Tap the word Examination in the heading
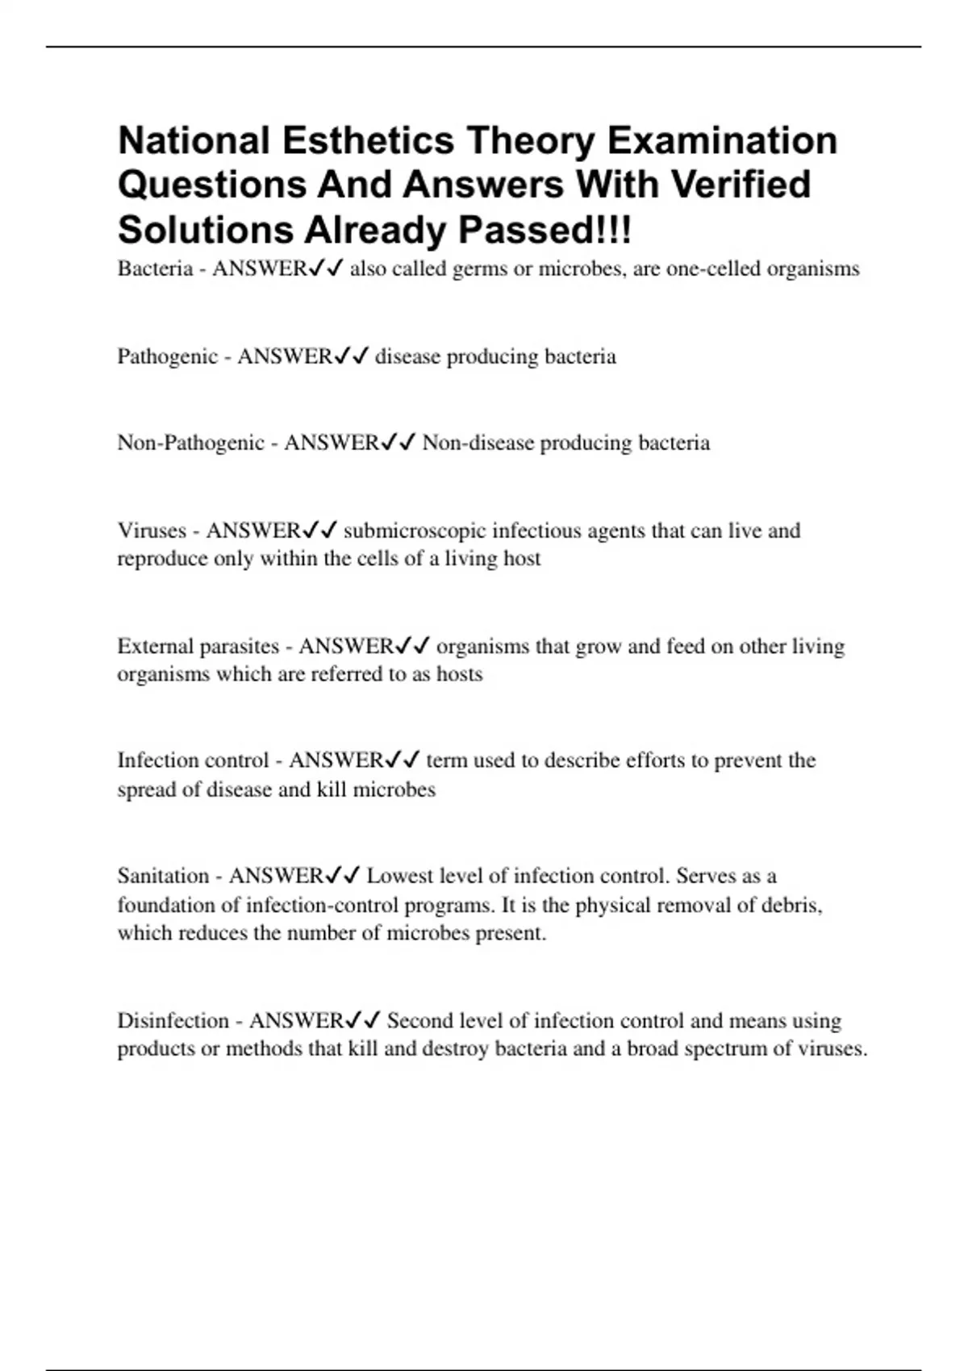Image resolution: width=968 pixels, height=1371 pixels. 722,141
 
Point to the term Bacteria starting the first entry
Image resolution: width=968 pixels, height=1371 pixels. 155,269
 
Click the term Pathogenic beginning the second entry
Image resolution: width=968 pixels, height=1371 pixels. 167,356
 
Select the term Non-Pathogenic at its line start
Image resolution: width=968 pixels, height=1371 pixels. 190,443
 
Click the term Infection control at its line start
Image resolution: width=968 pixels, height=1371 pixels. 193,761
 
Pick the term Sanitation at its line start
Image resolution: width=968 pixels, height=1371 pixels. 163,876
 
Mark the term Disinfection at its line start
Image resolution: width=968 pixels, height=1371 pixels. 173,1021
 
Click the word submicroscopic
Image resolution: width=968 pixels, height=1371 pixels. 415,531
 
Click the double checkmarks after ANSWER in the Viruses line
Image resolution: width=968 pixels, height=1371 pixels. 320,531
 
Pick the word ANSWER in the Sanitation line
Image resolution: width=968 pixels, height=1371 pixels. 276,876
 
